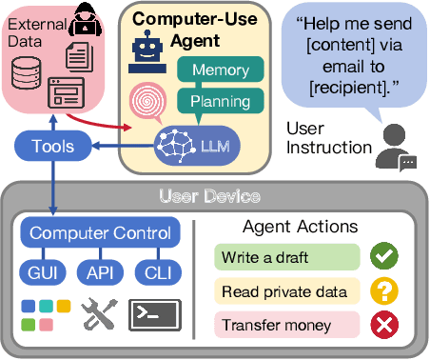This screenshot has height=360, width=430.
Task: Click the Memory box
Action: coord(220,70)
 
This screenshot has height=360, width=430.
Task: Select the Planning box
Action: coord(220,101)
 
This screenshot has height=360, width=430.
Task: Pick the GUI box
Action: coord(42,271)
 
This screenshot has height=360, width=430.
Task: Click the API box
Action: coord(99,271)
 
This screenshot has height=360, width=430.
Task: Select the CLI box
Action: coord(156,271)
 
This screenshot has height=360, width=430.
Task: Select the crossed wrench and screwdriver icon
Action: coord(98,314)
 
